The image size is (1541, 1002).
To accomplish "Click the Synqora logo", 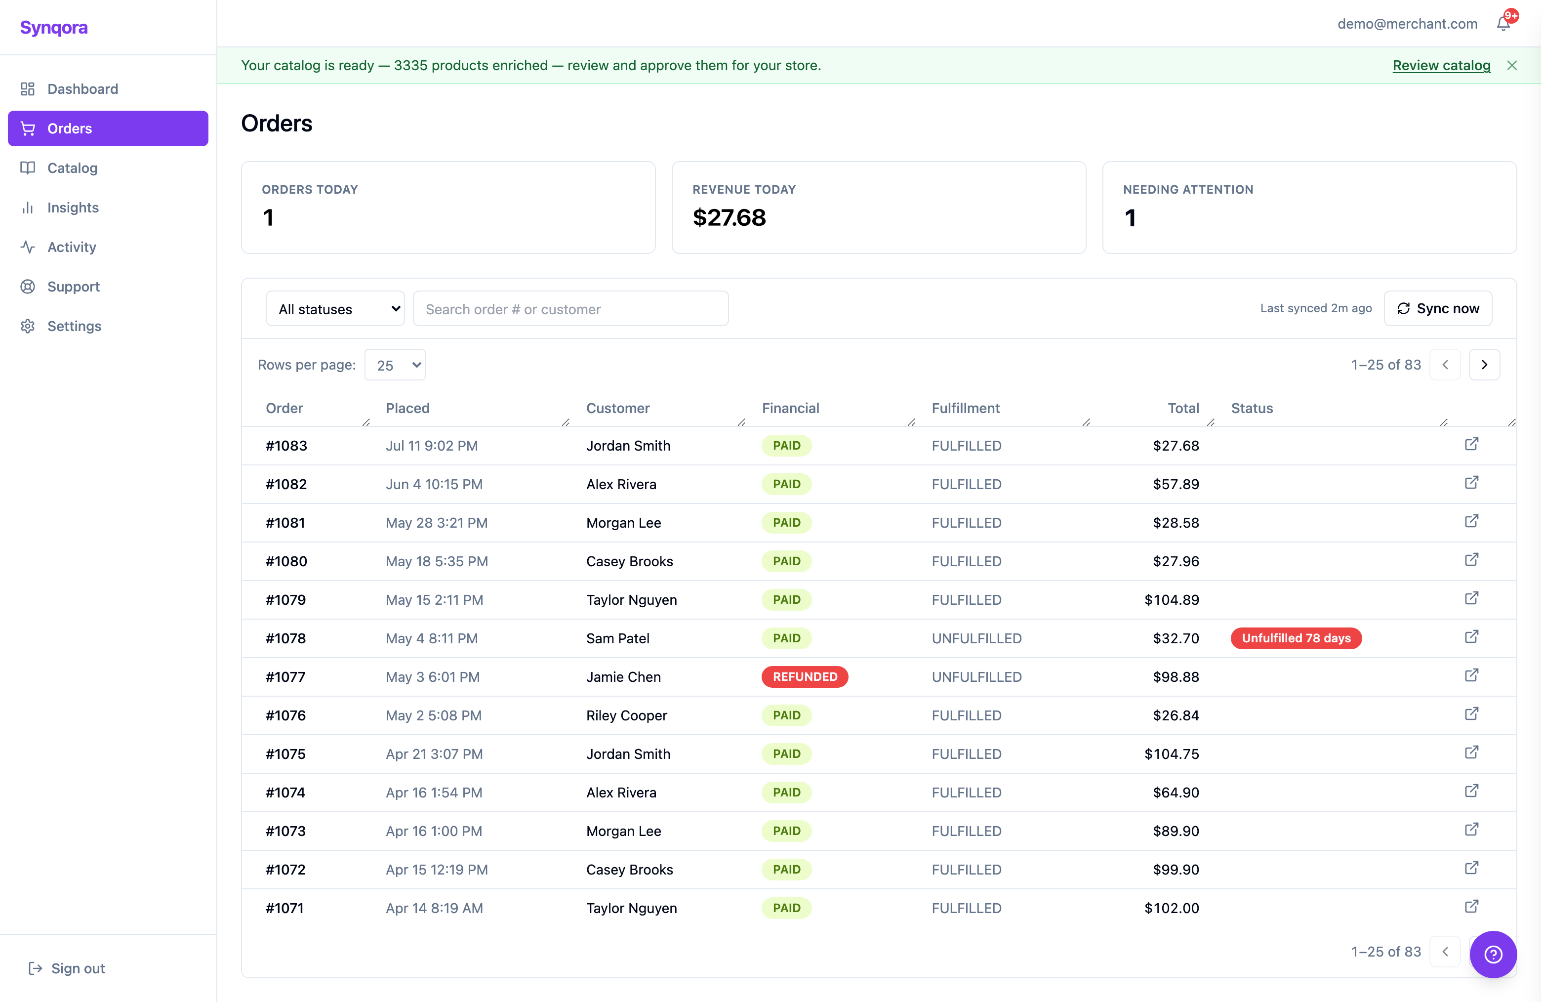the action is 54,27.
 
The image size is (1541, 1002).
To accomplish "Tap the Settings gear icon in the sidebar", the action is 28,326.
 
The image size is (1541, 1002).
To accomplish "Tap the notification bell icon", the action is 1503,24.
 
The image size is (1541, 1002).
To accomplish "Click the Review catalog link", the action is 1441,65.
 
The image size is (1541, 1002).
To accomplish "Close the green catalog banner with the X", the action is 1512,65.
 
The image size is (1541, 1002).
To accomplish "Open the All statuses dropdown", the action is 335,309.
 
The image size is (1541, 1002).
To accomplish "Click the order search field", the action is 570,309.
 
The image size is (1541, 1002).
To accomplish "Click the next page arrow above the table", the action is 1485,365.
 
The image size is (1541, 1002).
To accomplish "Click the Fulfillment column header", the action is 966,408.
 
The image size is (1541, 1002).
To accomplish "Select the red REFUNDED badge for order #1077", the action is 805,677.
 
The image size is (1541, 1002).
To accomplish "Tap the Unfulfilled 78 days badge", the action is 1296,638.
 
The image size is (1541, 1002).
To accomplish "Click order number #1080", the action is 286,561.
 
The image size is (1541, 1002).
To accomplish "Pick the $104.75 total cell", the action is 1172,754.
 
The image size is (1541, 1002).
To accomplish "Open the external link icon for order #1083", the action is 1472,444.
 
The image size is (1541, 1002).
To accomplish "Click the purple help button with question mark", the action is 1493,954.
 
